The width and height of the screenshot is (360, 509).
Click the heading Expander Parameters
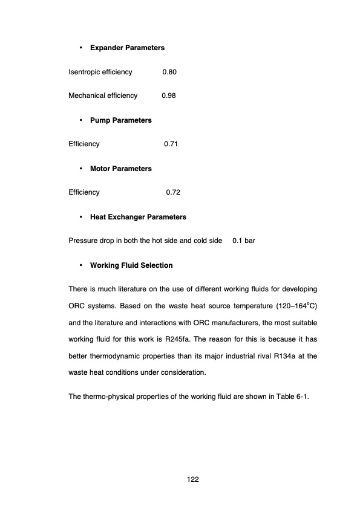[127, 47]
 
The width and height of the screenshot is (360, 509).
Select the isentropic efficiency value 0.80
[169, 72]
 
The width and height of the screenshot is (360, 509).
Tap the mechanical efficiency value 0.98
[169, 96]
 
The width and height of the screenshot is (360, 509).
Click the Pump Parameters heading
[120, 120]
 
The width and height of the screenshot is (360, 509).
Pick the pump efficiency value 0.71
[171, 144]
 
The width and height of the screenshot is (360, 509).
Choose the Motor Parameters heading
[120, 168]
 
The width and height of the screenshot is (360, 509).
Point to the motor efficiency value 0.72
[173, 192]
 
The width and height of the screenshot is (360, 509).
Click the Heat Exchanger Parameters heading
[138, 216]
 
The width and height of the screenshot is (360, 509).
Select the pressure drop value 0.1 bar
[244, 241]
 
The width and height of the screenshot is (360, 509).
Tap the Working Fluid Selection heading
[131, 265]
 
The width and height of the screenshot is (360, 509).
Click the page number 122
[193, 479]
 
